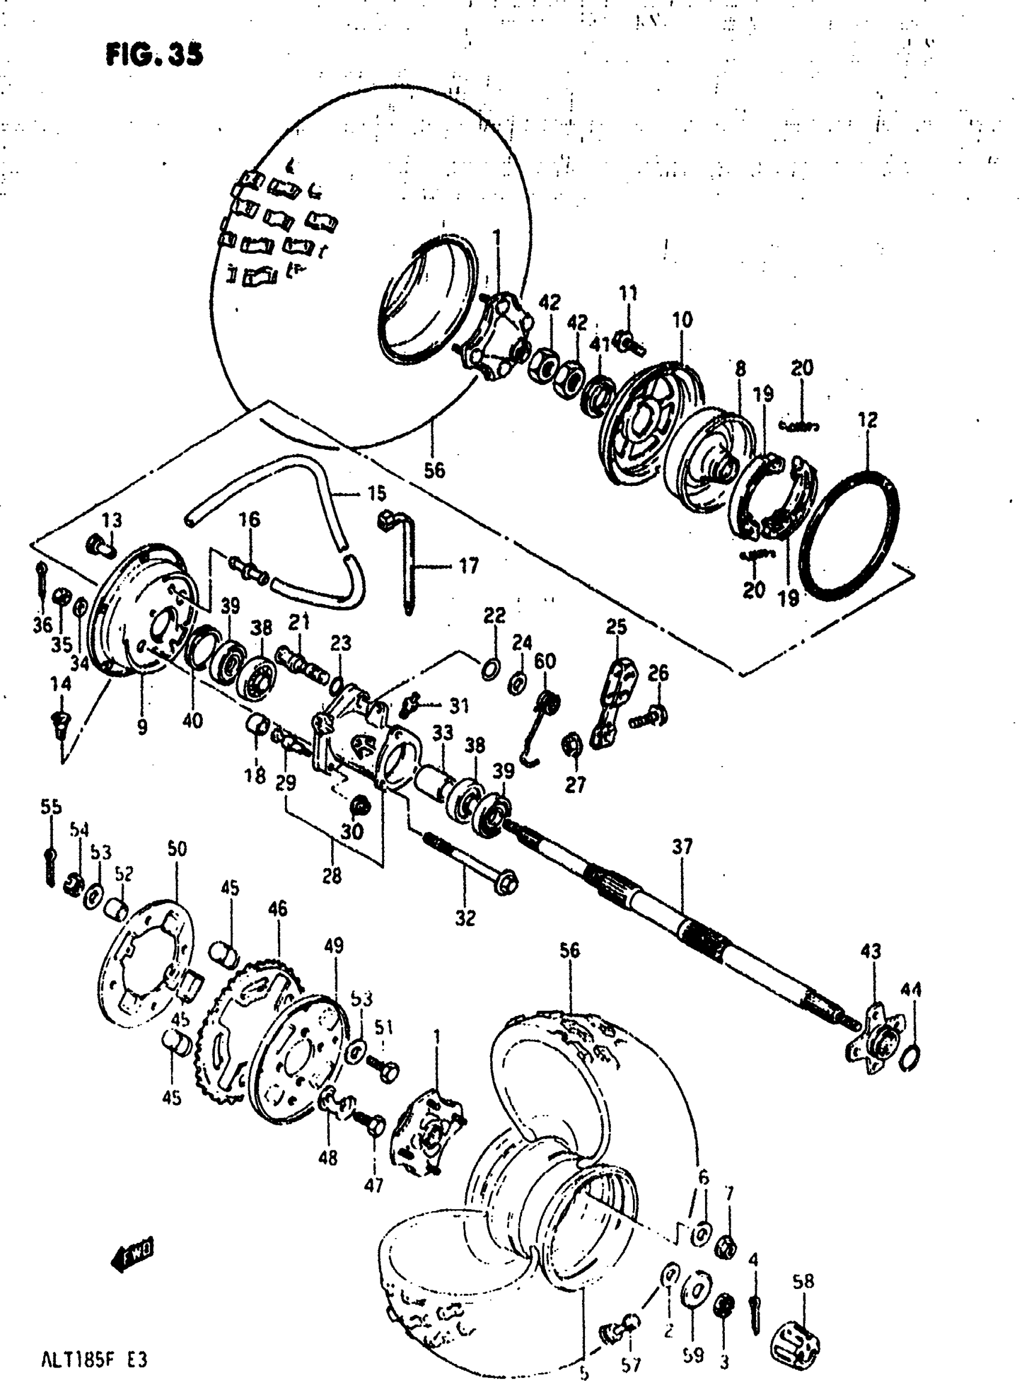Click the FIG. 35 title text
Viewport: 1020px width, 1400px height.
154,56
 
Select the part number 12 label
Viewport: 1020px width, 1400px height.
867,420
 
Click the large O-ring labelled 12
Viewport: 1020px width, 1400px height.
848,536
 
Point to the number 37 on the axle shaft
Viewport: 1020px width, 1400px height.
682,847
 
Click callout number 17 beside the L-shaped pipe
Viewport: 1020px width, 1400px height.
469,566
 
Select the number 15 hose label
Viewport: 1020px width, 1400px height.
376,493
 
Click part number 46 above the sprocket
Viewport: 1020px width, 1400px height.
278,909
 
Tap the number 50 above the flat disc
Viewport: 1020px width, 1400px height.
176,849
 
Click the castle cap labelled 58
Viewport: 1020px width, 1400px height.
796,1345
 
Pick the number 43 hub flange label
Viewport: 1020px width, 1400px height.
871,951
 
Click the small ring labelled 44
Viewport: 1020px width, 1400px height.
910,1059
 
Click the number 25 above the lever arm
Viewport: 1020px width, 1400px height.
616,627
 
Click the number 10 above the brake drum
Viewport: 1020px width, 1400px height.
682,320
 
